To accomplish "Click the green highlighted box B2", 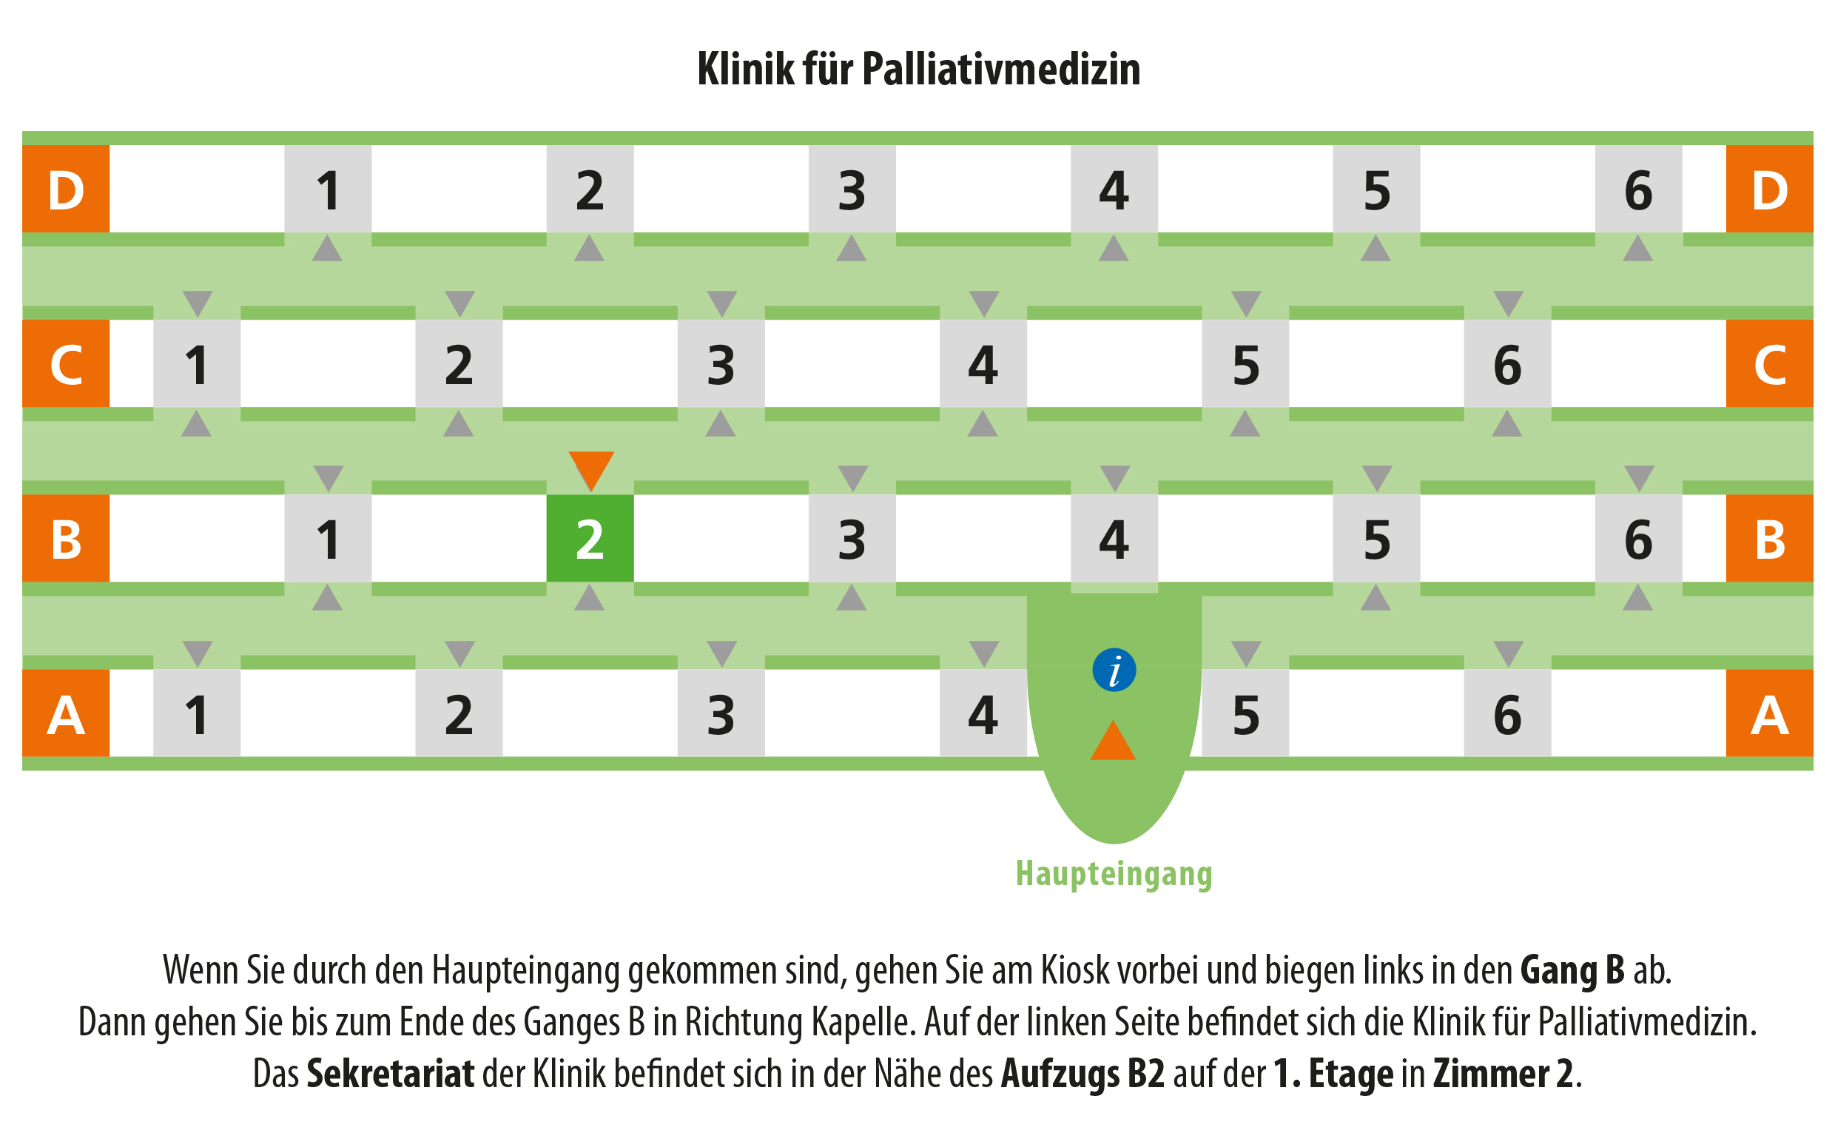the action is tap(590, 538).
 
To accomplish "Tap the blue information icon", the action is tap(1114, 670).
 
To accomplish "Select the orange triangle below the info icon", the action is tap(1113, 740).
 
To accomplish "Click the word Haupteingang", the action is tap(1114, 874).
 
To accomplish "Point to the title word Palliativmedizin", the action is tap(1001, 69).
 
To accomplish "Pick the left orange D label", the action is tap(66, 189).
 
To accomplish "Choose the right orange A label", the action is tap(1770, 713).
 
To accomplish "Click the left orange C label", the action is tap(66, 363).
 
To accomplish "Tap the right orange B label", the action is tap(1770, 538).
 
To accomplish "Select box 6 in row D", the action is tap(1638, 189).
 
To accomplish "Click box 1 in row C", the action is tap(197, 363).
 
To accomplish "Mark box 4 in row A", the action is tap(983, 713).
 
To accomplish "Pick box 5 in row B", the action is tap(1376, 538).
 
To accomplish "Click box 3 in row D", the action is tap(852, 189).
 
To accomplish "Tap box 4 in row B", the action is tap(1114, 538).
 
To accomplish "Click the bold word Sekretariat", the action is tap(391, 1073).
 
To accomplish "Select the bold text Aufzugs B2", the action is tap(1083, 1074).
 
